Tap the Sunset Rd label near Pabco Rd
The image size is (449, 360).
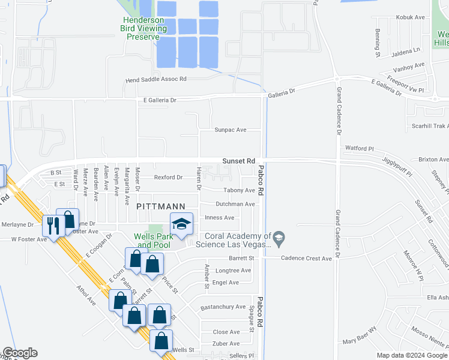tap(239, 161)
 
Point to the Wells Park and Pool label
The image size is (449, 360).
tap(152, 241)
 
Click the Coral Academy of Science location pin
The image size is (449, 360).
tap(278, 240)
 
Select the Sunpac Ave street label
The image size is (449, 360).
tap(231, 130)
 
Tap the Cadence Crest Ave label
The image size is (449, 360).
tap(307, 259)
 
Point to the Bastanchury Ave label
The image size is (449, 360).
tap(223, 307)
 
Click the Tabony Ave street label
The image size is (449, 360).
tap(239, 191)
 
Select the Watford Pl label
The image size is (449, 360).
tap(360, 148)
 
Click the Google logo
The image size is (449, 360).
tap(20, 353)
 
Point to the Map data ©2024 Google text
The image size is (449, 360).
tap(412, 355)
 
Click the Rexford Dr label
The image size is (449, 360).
tap(168, 178)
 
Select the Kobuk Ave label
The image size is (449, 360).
tap(411, 17)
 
